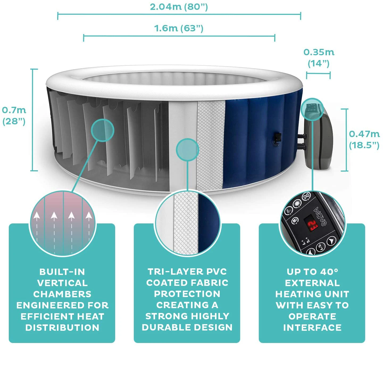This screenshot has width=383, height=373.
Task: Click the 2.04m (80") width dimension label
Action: (x=179, y=7)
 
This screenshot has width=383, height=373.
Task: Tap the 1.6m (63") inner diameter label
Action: (x=179, y=28)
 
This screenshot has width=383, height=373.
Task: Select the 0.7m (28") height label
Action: (x=14, y=116)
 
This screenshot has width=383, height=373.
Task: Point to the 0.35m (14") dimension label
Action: (x=319, y=58)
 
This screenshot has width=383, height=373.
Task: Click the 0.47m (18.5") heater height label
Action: (x=364, y=139)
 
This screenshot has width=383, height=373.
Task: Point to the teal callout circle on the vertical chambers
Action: (x=102, y=130)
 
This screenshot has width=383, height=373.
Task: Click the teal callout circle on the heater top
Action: (x=313, y=109)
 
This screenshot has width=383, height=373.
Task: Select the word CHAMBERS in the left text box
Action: (x=62, y=294)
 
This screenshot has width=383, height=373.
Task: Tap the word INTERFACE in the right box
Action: (x=312, y=328)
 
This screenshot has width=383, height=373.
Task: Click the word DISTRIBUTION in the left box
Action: (x=62, y=328)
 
